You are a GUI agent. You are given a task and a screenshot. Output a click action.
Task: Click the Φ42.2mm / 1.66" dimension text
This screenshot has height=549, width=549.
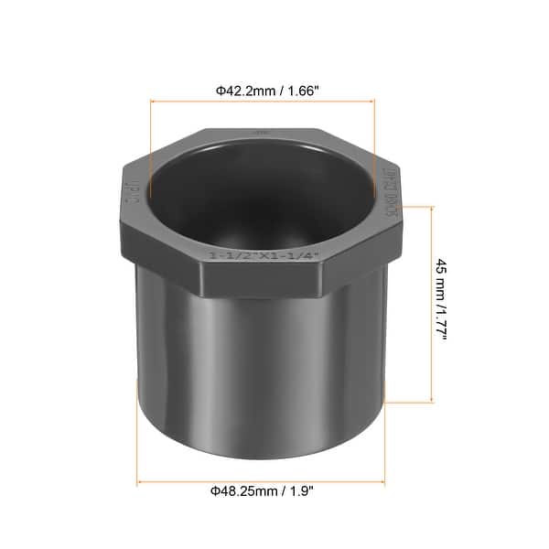click(x=262, y=91)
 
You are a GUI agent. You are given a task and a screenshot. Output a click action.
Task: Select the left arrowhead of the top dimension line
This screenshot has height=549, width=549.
click(x=153, y=102)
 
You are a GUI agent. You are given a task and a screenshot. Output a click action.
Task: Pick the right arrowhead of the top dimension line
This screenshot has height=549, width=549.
click(x=371, y=102)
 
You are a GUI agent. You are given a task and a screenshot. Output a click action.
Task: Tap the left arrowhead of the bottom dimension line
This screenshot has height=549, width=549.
click(x=140, y=482)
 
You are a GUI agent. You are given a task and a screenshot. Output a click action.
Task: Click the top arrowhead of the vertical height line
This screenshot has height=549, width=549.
click(x=429, y=209)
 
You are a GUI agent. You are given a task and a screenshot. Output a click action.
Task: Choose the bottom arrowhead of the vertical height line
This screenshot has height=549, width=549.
click(x=429, y=399)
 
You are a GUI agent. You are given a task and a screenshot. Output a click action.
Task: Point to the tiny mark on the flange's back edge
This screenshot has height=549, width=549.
click(x=262, y=134)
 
